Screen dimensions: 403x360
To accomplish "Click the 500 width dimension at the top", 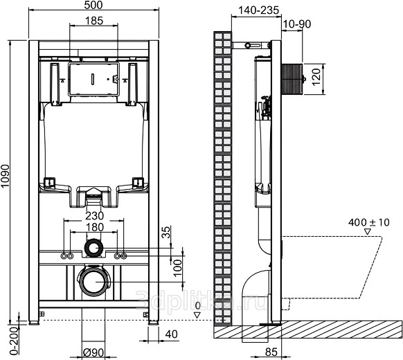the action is (93, 5).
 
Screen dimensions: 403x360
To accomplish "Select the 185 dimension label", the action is (94, 21).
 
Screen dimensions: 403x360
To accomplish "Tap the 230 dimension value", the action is (94, 216).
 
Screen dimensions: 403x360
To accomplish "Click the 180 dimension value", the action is (94, 227).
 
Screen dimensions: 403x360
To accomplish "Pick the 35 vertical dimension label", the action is (167, 232).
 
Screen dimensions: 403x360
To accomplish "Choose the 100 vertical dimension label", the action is (178, 268).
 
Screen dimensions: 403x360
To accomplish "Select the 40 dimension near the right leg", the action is (172, 334).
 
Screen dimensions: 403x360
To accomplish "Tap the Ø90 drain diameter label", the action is (93, 352).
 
